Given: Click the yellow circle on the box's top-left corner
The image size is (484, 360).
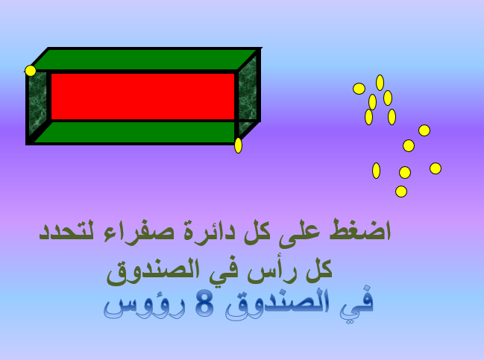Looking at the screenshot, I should tap(31, 71).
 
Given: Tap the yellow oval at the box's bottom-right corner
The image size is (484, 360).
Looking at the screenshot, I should tap(238, 145).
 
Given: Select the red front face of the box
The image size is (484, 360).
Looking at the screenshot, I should tap(142, 96).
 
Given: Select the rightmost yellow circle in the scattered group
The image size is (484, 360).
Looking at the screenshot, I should tap(436, 168).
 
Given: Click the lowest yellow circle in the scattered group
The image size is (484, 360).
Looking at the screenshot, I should tap(401, 192).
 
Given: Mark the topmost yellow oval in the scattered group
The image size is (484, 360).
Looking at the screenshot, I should tap(380, 82).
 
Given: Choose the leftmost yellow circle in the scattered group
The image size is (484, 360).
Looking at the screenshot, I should tap(359, 89).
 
